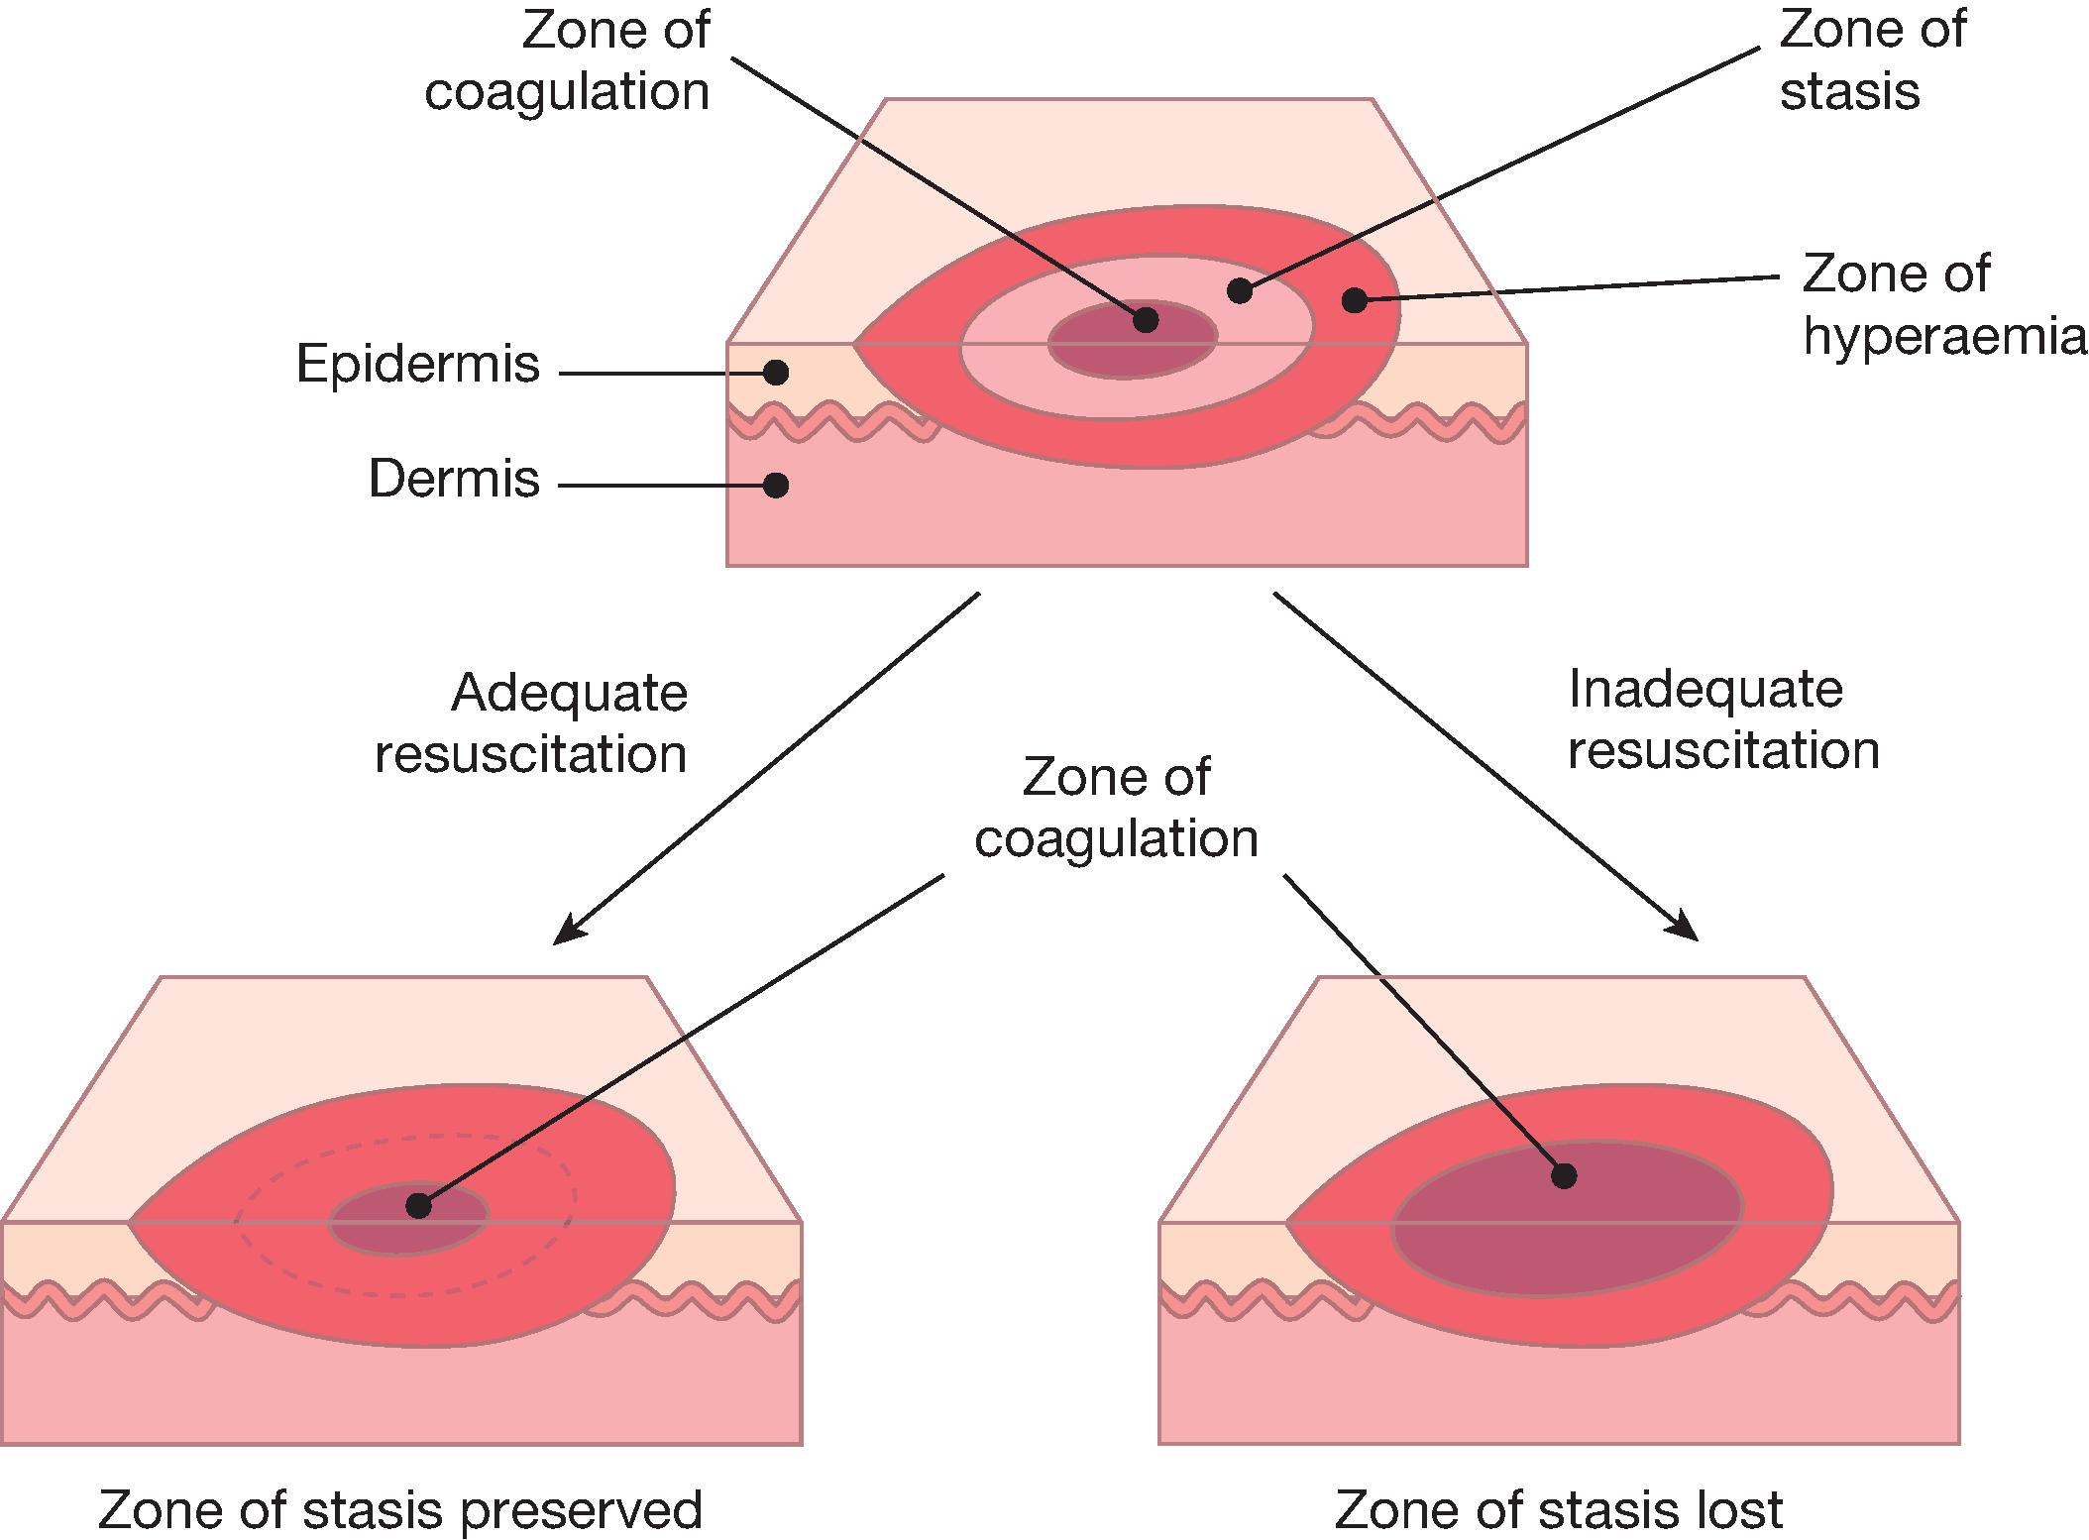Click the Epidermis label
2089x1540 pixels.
pyautogui.click(x=417, y=365)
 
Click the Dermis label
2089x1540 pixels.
pyautogui.click(x=454, y=480)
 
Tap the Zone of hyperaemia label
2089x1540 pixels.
pyautogui.click(x=1942, y=304)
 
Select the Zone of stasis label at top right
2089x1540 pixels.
pyautogui.click(x=1871, y=60)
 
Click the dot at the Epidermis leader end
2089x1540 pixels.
pyautogui.click(x=776, y=373)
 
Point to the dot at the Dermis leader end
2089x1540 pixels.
pyautogui.click(x=776, y=485)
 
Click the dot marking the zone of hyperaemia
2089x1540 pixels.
pyautogui.click(x=1354, y=300)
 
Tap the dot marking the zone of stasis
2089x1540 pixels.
pyautogui.click(x=1239, y=290)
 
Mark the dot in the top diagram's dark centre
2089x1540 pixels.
pyautogui.click(x=1146, y=319)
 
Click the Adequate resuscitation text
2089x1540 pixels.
pyautogui.click(x=531, y=722)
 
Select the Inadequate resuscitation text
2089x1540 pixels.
pyautogui.click(x=1723, y=719)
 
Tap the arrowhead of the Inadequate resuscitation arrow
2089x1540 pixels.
pyautogui.click(x=1691, y=933)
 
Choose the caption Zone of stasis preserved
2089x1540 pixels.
pyautogui.click(x=399, y=1510)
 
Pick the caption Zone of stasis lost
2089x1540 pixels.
pyautogui.click(x=1558, y=1510)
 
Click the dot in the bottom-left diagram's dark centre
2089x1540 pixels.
pyautogui.click(x=418, y=1206)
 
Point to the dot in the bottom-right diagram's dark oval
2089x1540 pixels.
pyautogui.click(x=1564, y=1176)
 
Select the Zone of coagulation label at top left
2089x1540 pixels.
pyautogui.click(x=568, y=60)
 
